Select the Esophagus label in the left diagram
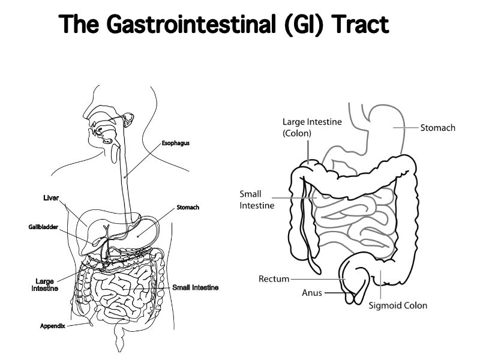point(175,143)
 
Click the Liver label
point(51,199)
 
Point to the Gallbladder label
point(43,227)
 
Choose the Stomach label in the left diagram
point(188,208)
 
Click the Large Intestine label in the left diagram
point(44,284)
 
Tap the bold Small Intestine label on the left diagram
point(195,287)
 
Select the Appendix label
point(52,326)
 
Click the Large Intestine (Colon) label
point(311,128)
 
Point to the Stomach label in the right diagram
point(437,128)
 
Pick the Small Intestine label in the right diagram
point(257,199)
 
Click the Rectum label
point(274,279)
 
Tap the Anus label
point(312,293)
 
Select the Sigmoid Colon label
point(398,305)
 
